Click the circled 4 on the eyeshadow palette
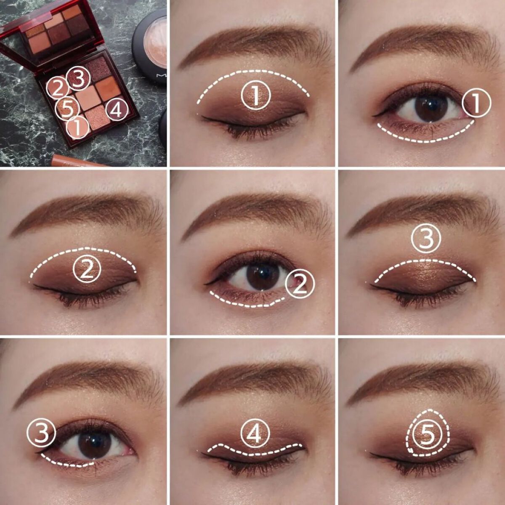(117, 110)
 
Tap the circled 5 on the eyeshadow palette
(67, 109)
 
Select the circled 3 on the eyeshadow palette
(79, 78)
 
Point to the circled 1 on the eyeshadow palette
(77, 128)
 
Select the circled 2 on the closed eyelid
(87, 269)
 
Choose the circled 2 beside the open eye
(299, 284)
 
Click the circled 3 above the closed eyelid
(426, 238)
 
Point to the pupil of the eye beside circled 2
(263, 276)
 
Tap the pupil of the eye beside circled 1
(431, 106)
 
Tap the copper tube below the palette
(79, 161)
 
